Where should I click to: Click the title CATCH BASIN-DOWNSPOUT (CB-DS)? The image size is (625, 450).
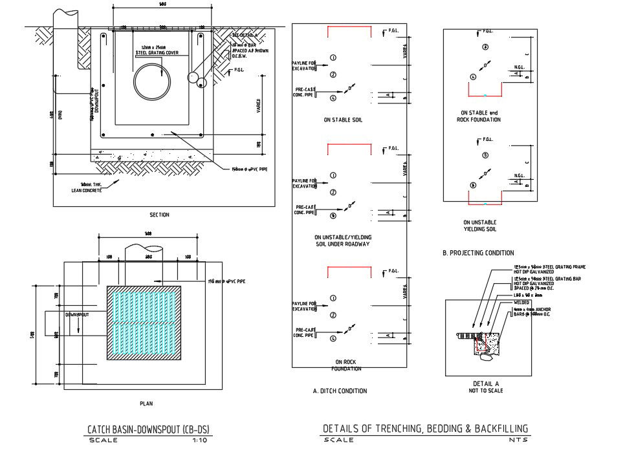pos(149,429)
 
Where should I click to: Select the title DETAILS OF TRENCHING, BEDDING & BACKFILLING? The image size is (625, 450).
pos(425,428)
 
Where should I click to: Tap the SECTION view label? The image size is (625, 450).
pos(159,215)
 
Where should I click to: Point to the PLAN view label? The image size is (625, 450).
pos(146,403)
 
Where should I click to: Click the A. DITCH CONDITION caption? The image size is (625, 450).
pos(339,391)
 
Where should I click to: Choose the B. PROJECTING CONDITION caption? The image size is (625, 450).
pos(478,253)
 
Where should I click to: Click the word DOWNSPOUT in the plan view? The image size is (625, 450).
pos(76,314)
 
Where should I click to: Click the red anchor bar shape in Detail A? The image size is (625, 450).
pos(481,343)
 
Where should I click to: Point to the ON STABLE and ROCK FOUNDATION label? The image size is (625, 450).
pos(479,116)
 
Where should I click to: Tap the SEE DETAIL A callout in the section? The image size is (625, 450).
pos(244,34)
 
